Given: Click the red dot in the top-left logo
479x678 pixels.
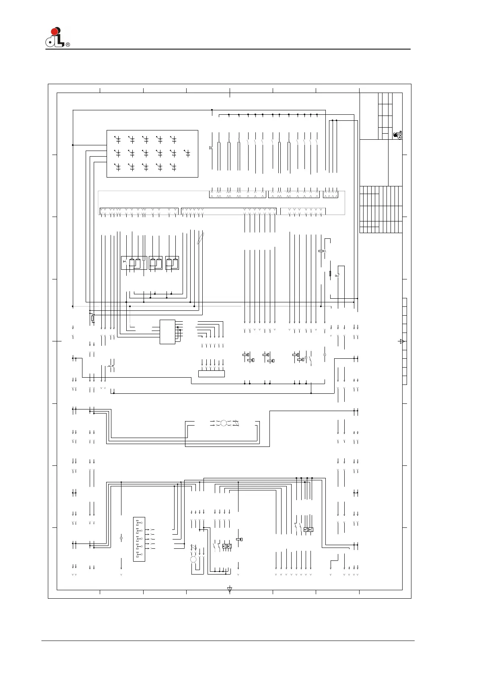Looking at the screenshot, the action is coord(54,31).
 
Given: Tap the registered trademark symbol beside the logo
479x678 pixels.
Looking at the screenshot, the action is coord(68,45).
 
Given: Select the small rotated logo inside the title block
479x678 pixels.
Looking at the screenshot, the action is coord(397,135).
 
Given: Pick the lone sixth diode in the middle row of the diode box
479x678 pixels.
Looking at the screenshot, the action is coord(187,153).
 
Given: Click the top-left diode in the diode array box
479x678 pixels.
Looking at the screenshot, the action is coord(117,140).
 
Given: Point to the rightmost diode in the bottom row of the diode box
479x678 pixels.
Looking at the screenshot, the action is coord(173,167).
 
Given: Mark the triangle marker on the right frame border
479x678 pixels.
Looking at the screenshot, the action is coord(402,341).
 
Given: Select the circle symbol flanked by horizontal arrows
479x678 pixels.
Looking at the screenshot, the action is coord(224,423).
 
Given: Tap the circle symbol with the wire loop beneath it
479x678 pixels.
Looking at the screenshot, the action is coord(193,560).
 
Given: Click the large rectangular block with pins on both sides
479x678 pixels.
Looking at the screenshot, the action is coord(167,332).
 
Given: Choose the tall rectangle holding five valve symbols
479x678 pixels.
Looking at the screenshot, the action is coord(139,539).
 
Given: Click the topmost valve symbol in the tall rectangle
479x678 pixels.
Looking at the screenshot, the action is coord(139,523).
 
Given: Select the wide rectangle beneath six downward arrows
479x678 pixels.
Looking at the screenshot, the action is coord(212,374).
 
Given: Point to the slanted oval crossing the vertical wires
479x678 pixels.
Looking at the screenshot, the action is coord(200,238).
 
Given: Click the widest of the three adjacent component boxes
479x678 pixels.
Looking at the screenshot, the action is coord(134,263).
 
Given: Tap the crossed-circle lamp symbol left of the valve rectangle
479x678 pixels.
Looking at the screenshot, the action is coord(121,538).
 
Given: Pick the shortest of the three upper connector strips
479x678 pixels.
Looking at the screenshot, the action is coord(331,194).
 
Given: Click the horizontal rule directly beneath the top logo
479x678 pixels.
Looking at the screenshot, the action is coord(228,49).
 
